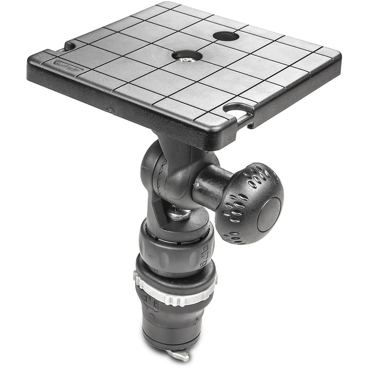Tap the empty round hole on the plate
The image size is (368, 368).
point(226,36)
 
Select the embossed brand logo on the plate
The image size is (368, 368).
point(68,65)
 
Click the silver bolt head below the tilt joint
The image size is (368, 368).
point(180,214)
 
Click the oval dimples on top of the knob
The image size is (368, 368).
point(258,177)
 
